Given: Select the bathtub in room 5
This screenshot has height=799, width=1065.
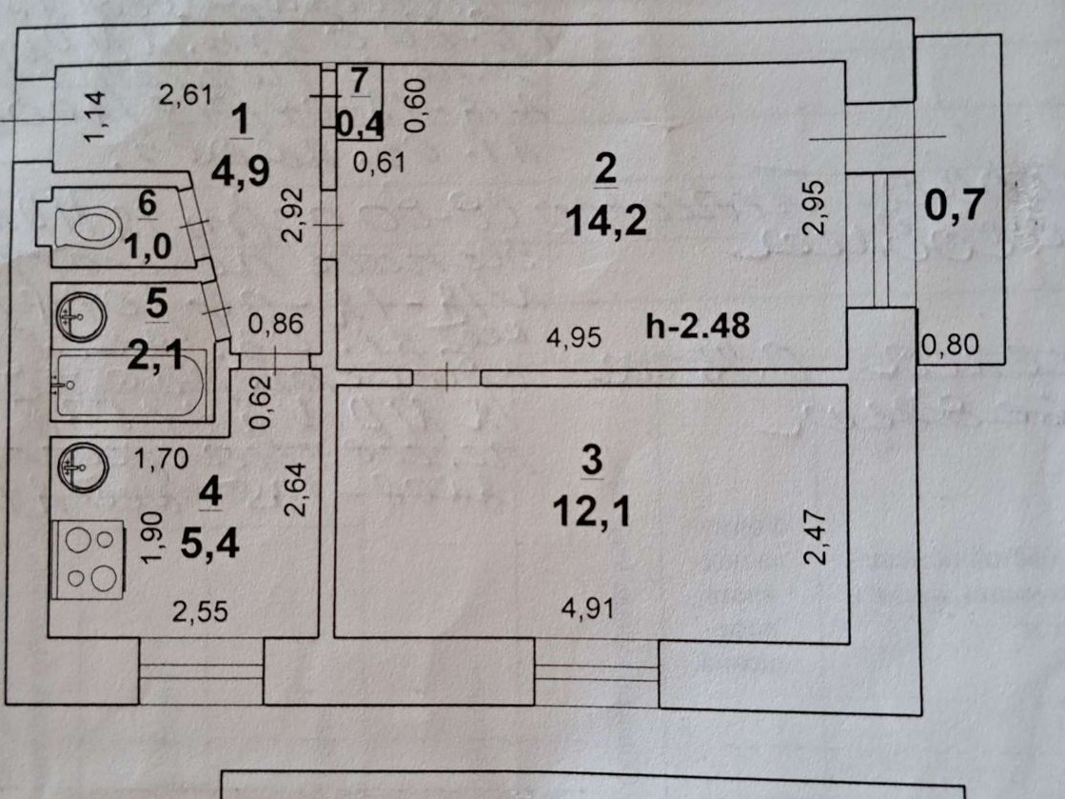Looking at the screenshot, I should (x=131, y=384).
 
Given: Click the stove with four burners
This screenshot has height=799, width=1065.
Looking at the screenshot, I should (x=89, y=560).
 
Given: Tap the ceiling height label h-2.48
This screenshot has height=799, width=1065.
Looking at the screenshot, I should (x=698, y=327).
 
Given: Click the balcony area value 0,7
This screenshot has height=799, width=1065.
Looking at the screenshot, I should (x=954, y=206).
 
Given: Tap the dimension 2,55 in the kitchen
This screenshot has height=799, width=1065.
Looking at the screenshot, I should (x=200, y=612).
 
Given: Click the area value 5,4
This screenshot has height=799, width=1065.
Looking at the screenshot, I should (x=217, y=546).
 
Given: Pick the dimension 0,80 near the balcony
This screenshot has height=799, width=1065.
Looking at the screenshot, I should (x=949, y=345).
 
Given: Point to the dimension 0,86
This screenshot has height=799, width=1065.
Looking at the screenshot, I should (x=275, y=324).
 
